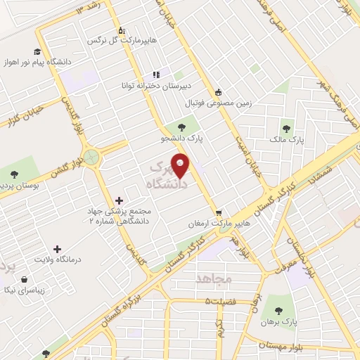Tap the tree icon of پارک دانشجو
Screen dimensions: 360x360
pyautogui.click(x=182, y=127)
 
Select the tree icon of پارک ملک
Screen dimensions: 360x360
pyautogui.click(x=285, y=129)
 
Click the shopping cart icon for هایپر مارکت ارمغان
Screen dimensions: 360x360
pyautogui.click(x=219, y=212)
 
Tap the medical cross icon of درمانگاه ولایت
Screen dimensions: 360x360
pyautogui.click(x=58, y=248)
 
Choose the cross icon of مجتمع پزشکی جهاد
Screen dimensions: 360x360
pyautogui.click(x=118, y=200)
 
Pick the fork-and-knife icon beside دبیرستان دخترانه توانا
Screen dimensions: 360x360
pyautogui.click(x=156, y=75)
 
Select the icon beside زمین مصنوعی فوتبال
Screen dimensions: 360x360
pyautogui.click(x=219, y=92)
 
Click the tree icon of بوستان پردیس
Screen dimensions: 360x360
pyautogui.click(x=13, y=174)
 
